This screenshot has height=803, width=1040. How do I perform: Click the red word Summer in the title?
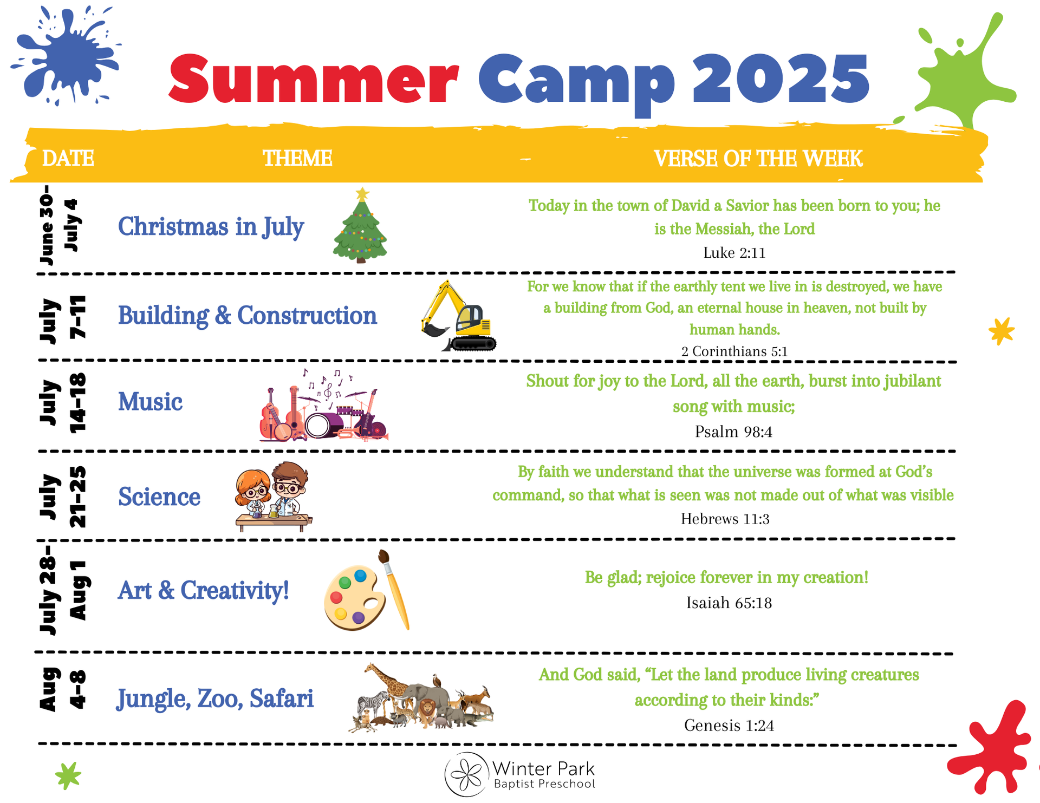[314, 79]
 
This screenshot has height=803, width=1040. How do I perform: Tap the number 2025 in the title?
[781, 79]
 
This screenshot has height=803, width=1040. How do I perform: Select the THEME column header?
[297, 158]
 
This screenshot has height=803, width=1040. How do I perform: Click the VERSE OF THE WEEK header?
[758, 158]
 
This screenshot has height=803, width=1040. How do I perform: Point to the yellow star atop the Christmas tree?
[362, 194]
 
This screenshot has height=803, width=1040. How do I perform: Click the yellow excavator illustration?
[458, 316]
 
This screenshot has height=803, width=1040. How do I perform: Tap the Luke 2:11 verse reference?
[734, 253]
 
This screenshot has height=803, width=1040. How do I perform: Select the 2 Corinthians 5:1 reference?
[734, 351]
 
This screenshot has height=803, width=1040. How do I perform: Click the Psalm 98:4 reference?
[733, 432]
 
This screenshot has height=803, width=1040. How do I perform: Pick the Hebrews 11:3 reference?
[725, 519]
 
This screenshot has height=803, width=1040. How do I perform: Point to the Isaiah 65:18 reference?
[729, 603]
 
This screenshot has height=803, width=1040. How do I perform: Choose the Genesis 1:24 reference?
[729, 725]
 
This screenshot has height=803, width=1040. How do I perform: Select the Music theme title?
[151, 402]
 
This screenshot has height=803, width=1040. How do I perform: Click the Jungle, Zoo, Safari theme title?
[215, 698]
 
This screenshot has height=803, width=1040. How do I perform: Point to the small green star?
[68, 775]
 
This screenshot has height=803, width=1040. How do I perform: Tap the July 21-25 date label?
[63, 497]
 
